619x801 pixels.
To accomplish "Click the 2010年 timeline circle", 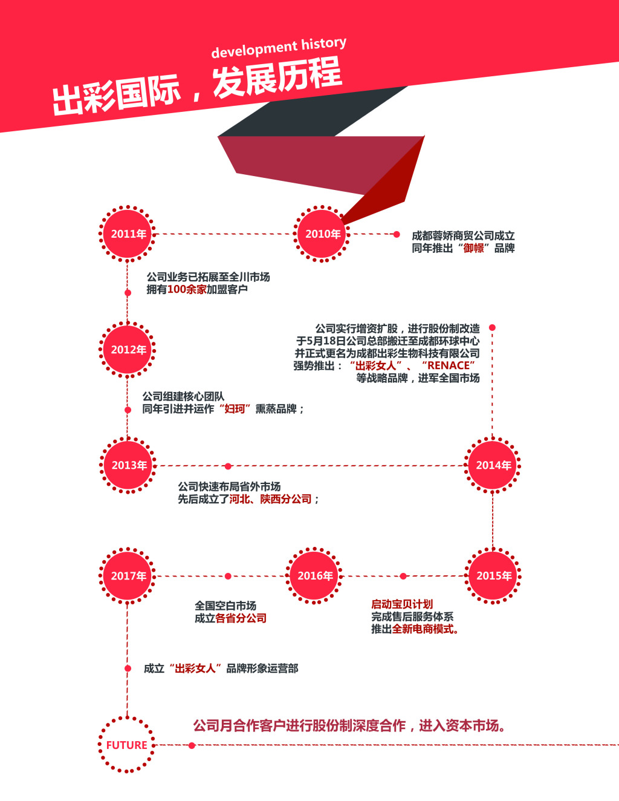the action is tap(322, 234).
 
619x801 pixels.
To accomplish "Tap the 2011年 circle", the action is tap(128, 234).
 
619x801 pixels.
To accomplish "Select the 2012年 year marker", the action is tap(128, 350).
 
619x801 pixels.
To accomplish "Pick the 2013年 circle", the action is tap(128, 465).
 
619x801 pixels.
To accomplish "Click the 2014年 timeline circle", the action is tap(492, 465).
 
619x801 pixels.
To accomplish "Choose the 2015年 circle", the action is tap(493, 576).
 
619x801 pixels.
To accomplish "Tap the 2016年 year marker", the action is tap(314, 576).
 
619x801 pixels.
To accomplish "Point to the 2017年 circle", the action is tap(128, 576).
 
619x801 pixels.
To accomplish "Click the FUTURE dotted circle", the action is tap(127, 745).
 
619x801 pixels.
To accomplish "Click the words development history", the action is tap(279, 47).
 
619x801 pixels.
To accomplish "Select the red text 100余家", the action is tap(187, 289).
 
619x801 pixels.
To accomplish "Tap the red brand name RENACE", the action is tap(449, 365).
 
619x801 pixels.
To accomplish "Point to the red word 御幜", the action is tap(473, 248).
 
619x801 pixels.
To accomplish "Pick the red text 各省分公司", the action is tap(241, 618).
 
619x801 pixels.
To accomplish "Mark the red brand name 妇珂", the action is tap(235, 409).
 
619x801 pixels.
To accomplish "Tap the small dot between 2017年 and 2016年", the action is tap(228, 576).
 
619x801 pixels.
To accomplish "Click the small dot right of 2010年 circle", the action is tap(397, 234).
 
